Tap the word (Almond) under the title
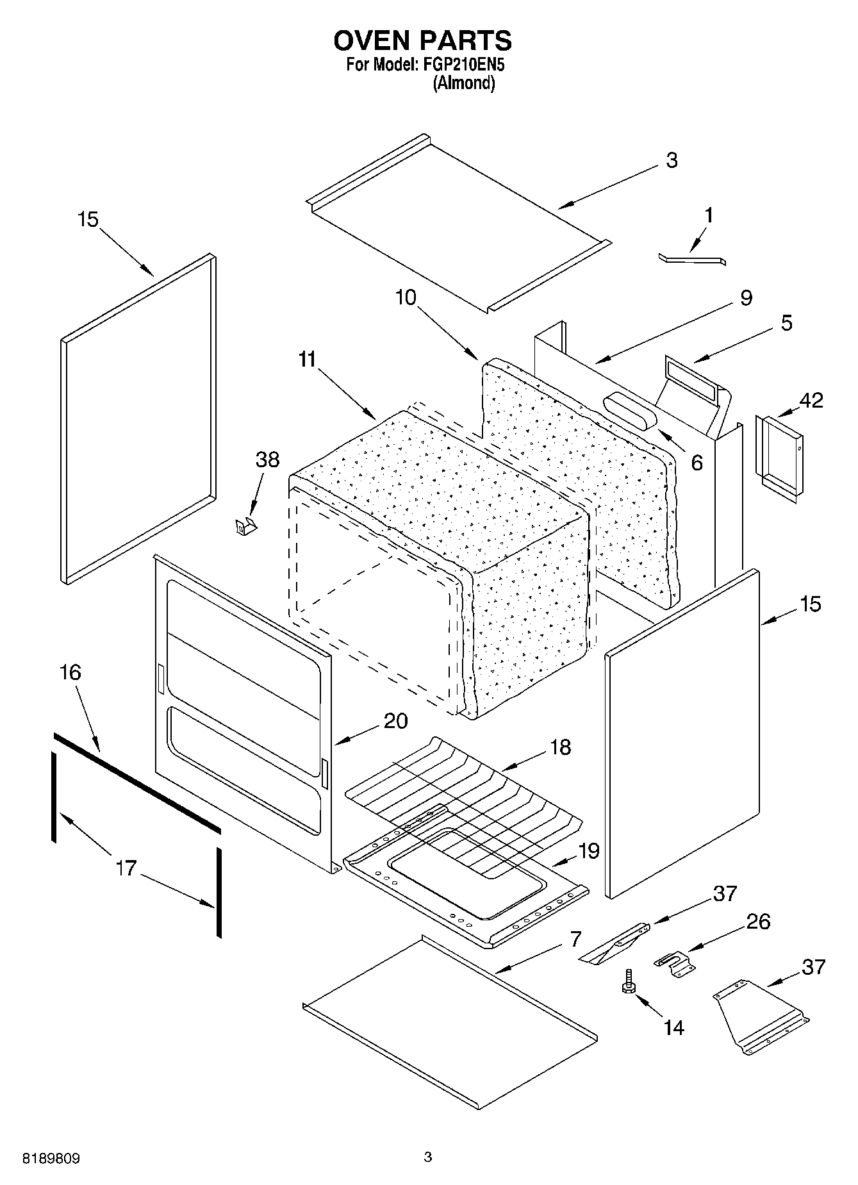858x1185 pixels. tap(464, 83)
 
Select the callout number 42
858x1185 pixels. tap(811, 401)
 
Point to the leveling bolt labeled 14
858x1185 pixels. tap(627, 982)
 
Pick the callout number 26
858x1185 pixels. tap(758, 922)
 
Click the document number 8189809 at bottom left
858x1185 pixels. tap(51, 1159)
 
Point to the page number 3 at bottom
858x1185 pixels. tap(428, 1157)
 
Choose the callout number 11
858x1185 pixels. tap(308, 360)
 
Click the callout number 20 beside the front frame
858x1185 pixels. tap(395, 721)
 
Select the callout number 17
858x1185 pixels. tap(126, 868)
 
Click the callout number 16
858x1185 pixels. tap(70, 673)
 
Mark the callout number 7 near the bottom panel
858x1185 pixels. tap(575, 940)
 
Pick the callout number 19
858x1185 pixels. tap(588, 851)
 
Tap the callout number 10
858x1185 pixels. tap(406, 297)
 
